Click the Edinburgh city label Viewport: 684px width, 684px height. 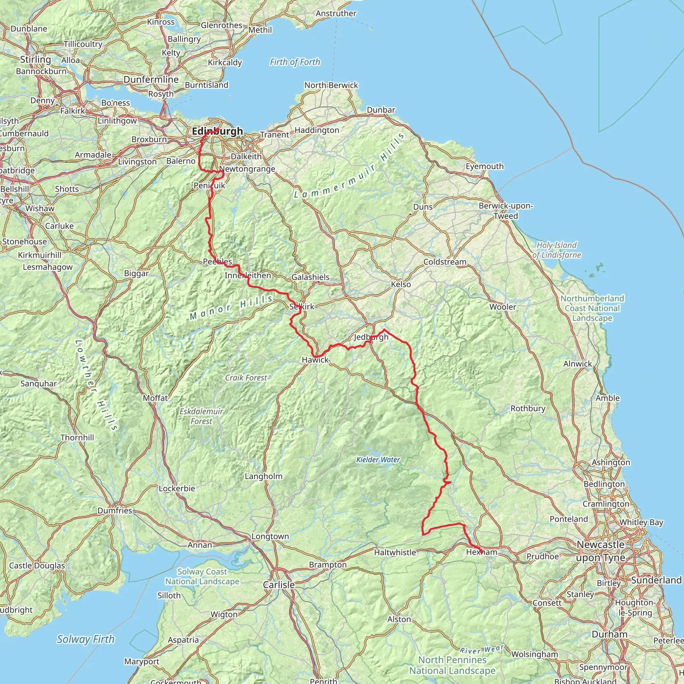(x=217, y=131)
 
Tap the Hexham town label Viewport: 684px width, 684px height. (x=482, y=552)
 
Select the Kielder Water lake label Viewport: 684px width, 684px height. (x=378, y=460)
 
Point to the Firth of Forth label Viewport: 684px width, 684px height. (x=295, y=62)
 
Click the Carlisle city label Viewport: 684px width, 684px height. (x=279, y=585)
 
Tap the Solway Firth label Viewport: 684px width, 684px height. (x=86, y=639)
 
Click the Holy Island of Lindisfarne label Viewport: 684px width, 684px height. (x=556, y=250)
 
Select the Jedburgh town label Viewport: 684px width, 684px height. (x=371, y=337)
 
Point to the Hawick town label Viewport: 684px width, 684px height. (x=315, y=360)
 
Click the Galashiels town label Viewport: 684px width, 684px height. (x=310, y=277)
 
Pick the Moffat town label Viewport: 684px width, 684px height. (x=155, y=398)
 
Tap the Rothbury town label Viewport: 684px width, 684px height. (x=527, y=408)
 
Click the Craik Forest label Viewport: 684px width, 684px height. (x=246, y=378)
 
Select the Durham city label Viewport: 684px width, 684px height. (x=609, y=634)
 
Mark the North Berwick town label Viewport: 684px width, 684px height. (x=331, y=85)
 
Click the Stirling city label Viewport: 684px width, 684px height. (x=35, y=59)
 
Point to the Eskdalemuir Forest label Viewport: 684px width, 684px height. (x=201, y=416)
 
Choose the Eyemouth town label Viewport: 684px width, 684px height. (x=484, y=166)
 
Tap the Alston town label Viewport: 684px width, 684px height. (x=399, y=619)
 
